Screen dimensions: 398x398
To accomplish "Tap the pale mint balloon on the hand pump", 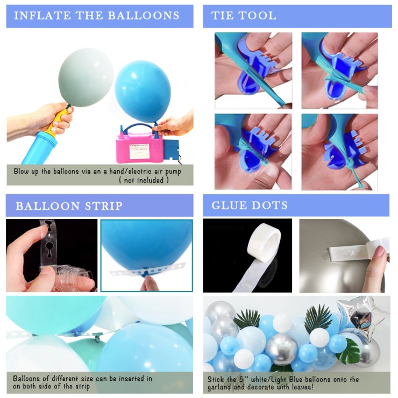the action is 86,77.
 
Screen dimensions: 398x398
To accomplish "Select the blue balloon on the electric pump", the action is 143,91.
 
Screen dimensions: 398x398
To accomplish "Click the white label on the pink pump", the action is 139,151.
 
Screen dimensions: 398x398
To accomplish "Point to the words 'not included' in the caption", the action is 144,180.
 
